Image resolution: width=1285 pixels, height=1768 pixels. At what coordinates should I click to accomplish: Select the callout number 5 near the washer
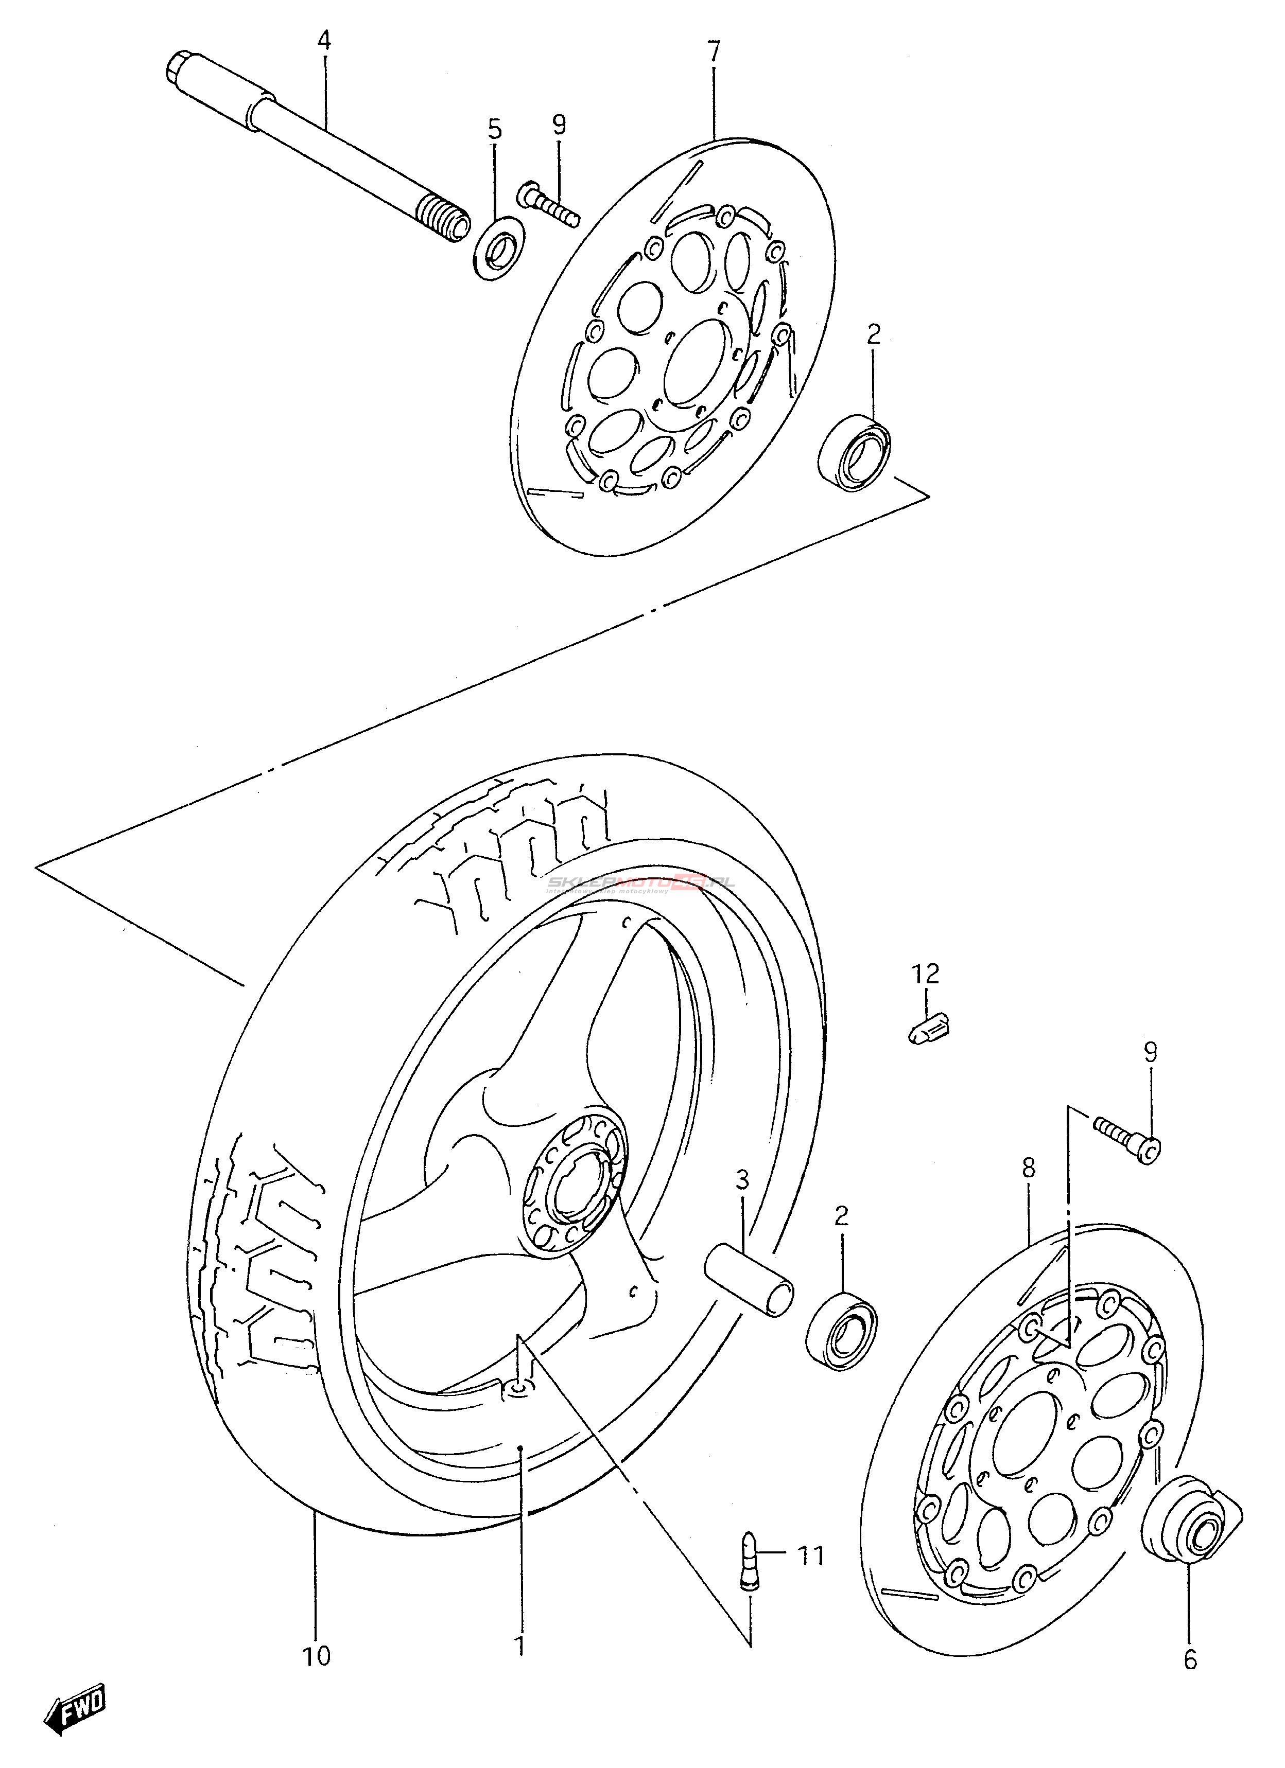pyautogui.click(x=495, y=129)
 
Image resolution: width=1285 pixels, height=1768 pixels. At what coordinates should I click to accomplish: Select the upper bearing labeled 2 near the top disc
pyautogui.click(x=855, y=453)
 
